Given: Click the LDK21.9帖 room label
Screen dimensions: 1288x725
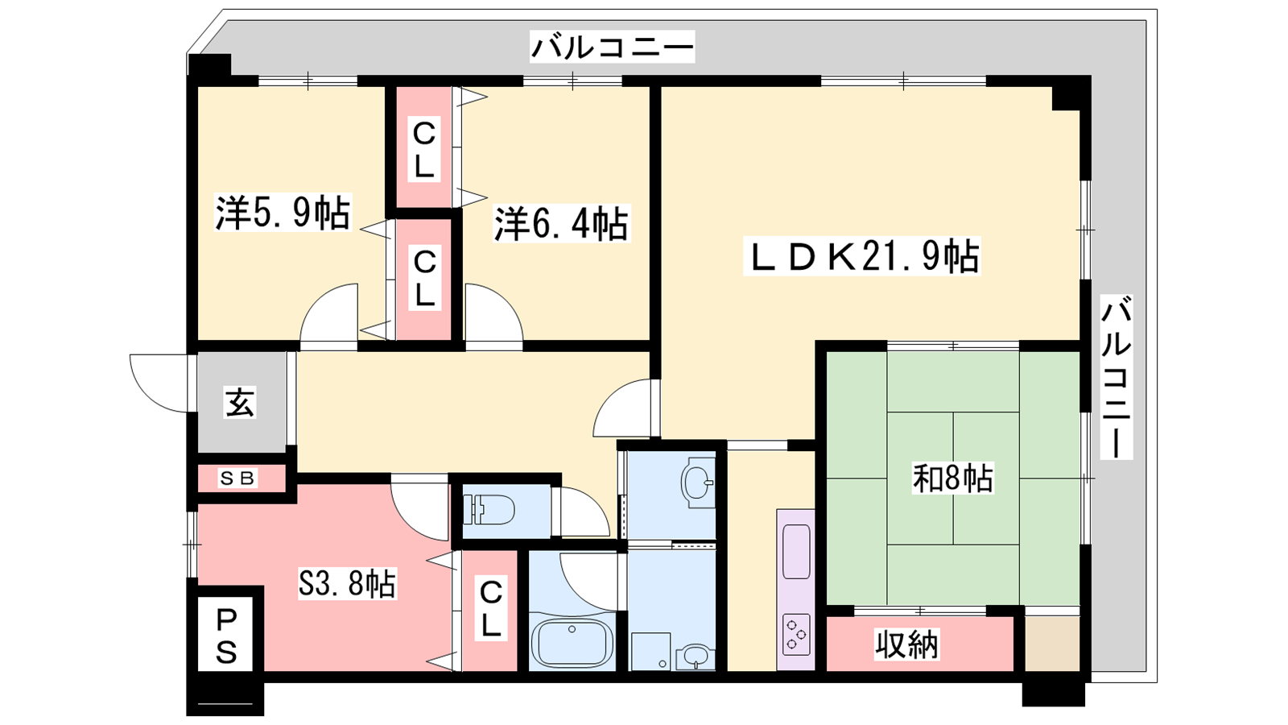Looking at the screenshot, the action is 862,256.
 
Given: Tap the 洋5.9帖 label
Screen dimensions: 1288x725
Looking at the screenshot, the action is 283,213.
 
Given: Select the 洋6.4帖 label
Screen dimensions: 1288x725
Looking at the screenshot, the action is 560,222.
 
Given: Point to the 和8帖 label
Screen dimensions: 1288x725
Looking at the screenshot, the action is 953,478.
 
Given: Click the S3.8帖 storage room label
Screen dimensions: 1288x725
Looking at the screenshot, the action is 347,583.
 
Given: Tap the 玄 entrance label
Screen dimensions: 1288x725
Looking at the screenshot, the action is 240,402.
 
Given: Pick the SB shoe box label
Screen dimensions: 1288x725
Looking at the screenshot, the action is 237,478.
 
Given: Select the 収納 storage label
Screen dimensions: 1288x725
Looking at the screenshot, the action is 906,644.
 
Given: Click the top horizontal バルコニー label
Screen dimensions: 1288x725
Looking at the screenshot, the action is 613,47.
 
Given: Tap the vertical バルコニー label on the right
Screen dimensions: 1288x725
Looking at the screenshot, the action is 1116,377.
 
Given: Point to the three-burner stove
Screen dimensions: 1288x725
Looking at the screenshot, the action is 796,635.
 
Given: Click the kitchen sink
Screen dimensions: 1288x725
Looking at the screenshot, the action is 796,551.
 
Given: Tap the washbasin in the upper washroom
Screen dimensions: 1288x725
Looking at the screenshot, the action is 697,483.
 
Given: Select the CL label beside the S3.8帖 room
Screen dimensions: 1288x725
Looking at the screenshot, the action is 490,609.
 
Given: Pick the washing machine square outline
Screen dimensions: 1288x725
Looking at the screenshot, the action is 651,652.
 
